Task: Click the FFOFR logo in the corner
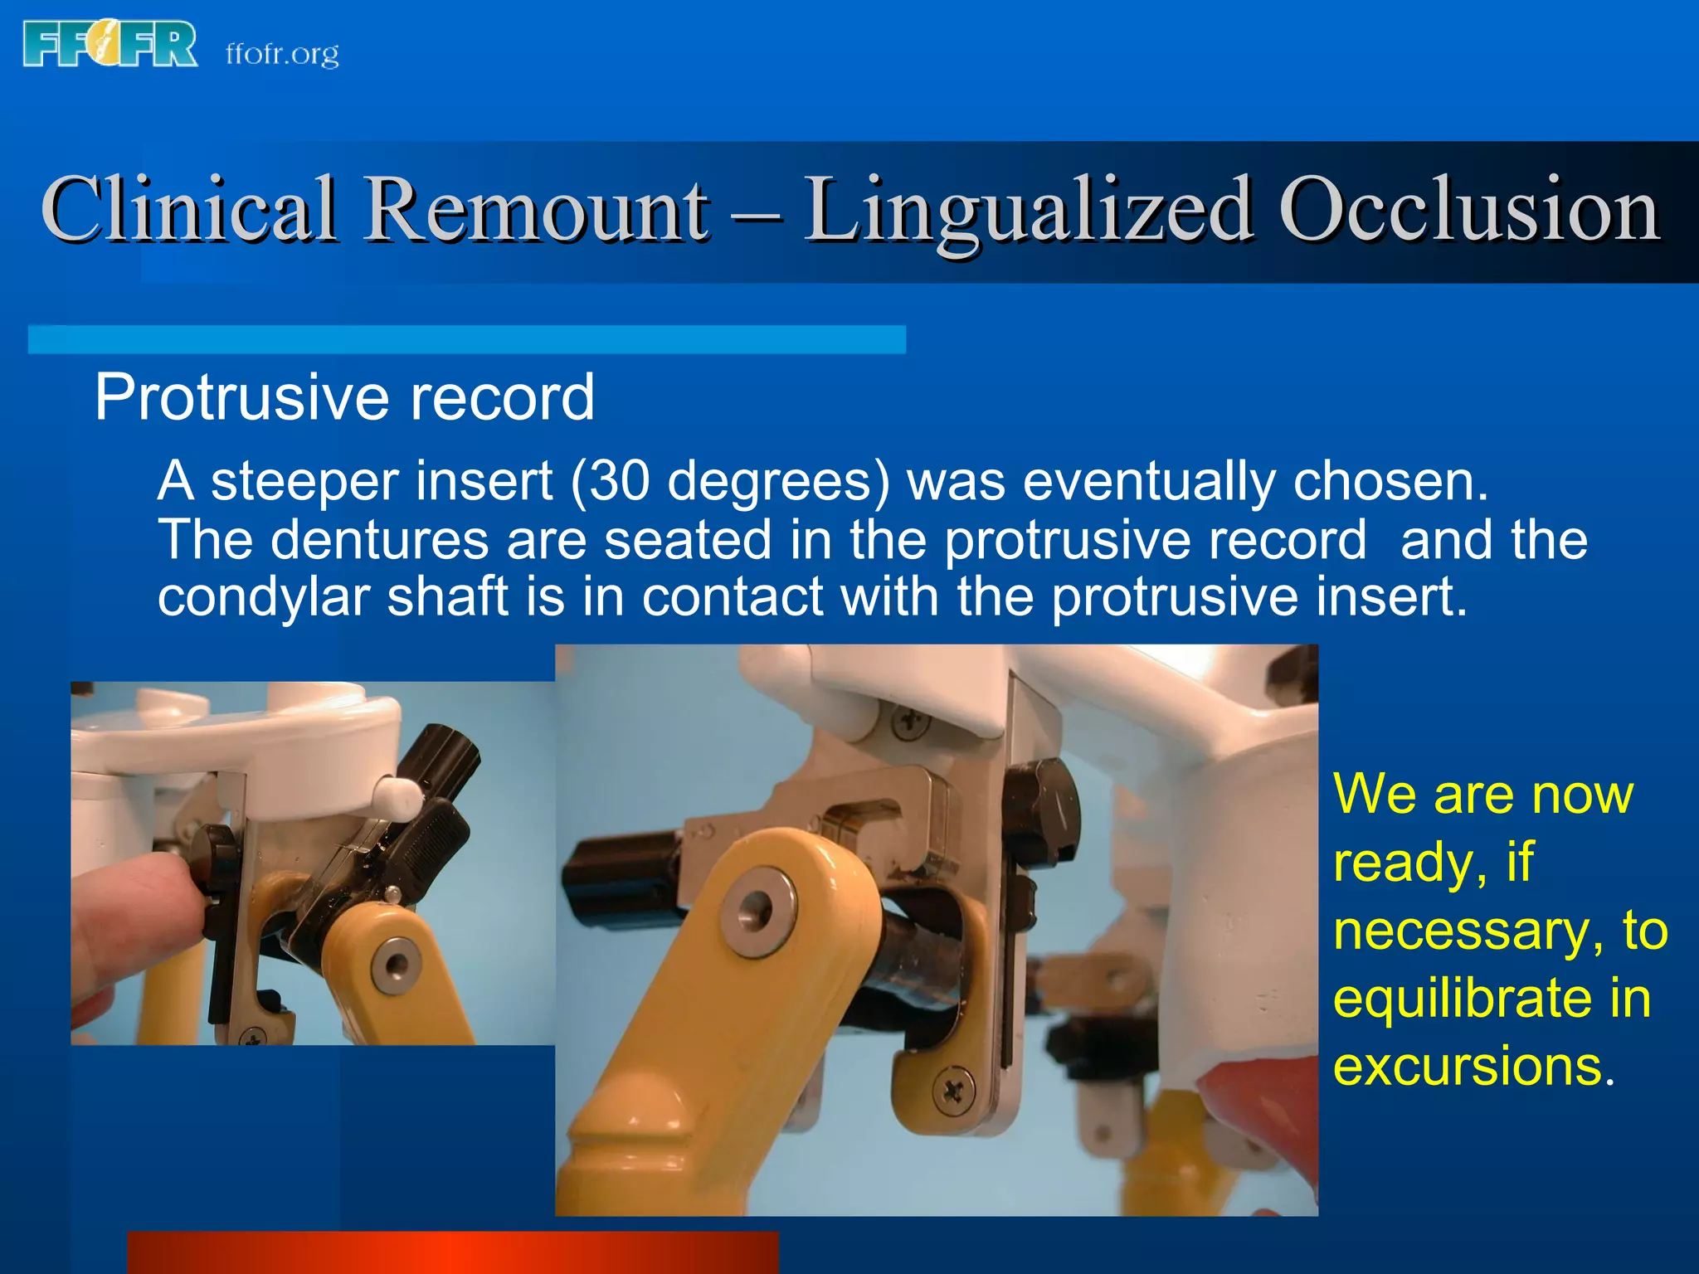110,45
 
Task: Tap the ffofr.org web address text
282,54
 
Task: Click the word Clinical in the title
189,209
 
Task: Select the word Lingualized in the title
1029,211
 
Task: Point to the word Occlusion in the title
1468,209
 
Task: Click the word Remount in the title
537,209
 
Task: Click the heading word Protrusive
240,397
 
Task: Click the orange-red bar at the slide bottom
453,1252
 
